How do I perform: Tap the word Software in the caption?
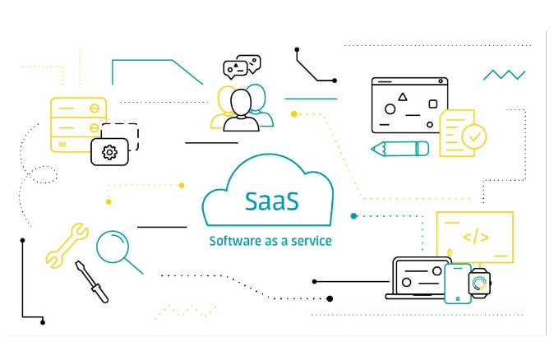[x=232, y=241]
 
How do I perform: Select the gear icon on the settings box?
[x=108, y=152]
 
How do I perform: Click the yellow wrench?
[x=67, y=245]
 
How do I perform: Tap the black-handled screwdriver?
[x=92, y=281]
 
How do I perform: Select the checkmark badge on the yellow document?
[x=473, y=135]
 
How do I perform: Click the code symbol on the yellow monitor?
[x=475, y=238]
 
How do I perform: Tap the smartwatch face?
[x=479, y=284]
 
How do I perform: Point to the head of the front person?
[x=241, y=103]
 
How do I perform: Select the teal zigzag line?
[x=504, y=75]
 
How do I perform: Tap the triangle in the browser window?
[x=402, y=97]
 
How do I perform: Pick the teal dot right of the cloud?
[x=353, y=216]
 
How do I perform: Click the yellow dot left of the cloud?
[x=108, y=201]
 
